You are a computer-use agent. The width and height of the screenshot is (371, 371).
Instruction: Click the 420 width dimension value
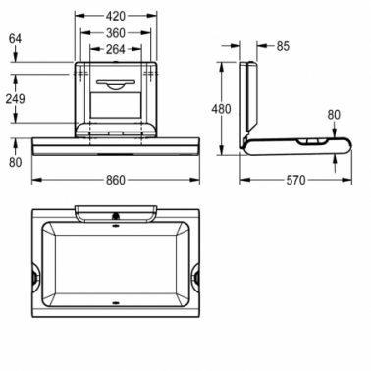116,16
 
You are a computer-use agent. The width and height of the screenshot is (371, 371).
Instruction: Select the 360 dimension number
116,33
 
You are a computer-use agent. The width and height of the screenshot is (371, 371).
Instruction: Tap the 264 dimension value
116,49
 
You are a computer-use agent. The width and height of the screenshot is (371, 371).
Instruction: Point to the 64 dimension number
15,39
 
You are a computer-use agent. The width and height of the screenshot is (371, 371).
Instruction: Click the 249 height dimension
15,99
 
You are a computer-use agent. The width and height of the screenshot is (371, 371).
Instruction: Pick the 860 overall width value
116,180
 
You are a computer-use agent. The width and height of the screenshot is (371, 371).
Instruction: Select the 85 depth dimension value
283,46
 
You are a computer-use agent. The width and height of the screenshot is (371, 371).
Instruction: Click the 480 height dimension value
221,109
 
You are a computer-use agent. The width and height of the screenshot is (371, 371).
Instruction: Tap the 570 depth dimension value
295,180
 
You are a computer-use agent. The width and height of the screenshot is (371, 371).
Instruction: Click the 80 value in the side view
334,115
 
